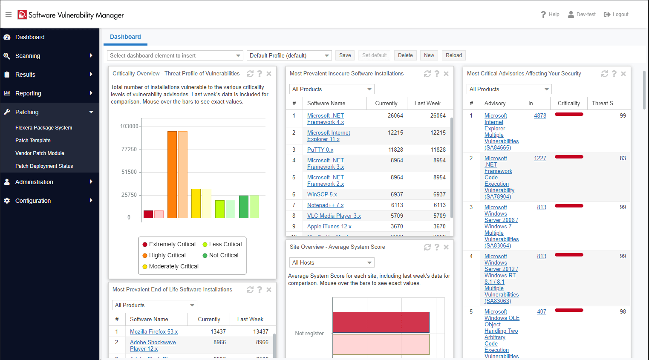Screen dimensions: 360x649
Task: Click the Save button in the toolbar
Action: coord(345,55)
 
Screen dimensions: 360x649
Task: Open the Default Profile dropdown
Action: coord(289,55)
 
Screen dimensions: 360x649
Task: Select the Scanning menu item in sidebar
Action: coord(28,56)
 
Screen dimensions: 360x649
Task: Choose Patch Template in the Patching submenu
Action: coord(33,141)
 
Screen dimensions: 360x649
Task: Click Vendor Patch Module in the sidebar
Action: coord(40,153)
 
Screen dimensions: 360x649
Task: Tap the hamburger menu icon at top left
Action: coord(9,14)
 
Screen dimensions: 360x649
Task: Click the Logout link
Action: coord(616,14)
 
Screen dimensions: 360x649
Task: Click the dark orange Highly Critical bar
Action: coord(172,175)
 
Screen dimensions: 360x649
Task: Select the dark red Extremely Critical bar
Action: coord(148,214)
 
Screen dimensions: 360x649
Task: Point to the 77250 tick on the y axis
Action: coord(129,150)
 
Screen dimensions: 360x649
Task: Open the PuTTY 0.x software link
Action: coord(320,150)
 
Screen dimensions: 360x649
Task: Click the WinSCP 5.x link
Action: coord(322,195)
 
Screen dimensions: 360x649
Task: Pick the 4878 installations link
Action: coord(540,116)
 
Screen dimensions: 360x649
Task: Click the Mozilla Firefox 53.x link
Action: coord(153,332)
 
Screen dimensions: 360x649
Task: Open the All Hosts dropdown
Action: coord(331,263)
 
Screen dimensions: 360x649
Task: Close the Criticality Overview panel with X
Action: coord(269,74)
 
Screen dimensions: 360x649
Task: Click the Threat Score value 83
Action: coord(623,158)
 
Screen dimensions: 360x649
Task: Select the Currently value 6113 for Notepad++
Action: coord(397,205)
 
